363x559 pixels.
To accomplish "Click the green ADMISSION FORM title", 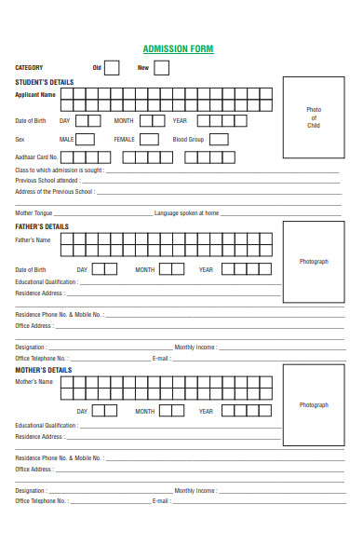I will click(181, 48).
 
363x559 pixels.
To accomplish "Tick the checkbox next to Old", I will click(112, 67).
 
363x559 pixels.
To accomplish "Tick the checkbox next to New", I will click(161, 67).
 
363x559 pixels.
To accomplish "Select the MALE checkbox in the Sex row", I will click(85, 139).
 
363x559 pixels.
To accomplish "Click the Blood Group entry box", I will click(218, 139).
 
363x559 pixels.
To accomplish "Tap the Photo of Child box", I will click(314, 117).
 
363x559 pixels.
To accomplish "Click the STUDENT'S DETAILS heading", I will click(44, 82).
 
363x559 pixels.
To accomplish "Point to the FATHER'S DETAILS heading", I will click(42, 226).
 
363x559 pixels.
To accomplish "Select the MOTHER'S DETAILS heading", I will click(43, 370).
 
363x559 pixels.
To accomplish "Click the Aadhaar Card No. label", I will click(36, 157).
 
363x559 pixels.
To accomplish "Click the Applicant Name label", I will click(35, 94).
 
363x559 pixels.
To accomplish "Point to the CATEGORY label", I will click(29, 68).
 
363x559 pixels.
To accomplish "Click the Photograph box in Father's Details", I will click(314, 262).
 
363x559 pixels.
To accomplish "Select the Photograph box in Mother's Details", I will click(314, 405).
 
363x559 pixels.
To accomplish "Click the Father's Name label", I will click(33, 240).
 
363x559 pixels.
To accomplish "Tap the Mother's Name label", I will click(34, 382).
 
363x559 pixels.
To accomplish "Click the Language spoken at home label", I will click(187, 213).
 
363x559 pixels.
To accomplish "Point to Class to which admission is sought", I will click(59, 170).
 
